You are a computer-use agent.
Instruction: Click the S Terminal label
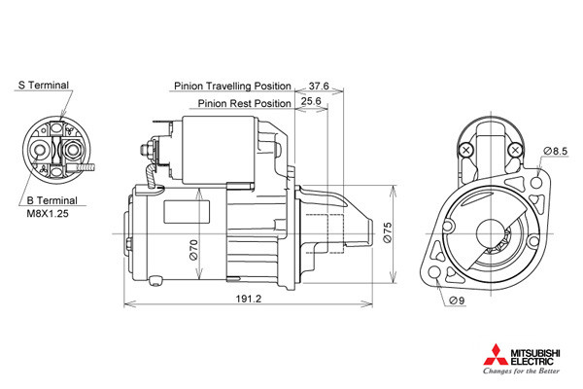click(x=44, y=86)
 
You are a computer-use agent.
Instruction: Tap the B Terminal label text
click(x=51, y=200)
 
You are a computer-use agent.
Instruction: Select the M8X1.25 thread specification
click(x=48, y=214)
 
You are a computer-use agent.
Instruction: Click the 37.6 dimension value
click(x=319, y=86)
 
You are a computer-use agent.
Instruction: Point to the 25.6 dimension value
click(x=311, y=101)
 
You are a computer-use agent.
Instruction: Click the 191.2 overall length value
click(x=249, y=299)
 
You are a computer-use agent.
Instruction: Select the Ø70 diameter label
click(x=193, y=250)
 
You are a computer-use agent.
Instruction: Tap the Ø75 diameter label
click(x=387, y=232)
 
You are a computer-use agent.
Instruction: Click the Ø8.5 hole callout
click(x=556, y=151)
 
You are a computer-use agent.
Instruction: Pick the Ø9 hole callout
click(x=457, y=301)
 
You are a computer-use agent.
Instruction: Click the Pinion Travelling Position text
click(x=232, y=86)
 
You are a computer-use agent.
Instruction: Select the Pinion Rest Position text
click(x=244, y=103)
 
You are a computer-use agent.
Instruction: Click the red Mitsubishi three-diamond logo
click(x=496, y=355)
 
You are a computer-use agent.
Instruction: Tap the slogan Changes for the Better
click(x=521, y=371)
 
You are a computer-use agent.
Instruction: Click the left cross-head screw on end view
click(x=465, y=151)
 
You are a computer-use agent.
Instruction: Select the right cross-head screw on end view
click(x=515, y=151)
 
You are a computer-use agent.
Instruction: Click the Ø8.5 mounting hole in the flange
click(x=536, y=183)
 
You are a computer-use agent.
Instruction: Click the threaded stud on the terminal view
click(x=86, y=168)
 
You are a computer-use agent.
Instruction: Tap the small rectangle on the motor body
click(x=187, y=212)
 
